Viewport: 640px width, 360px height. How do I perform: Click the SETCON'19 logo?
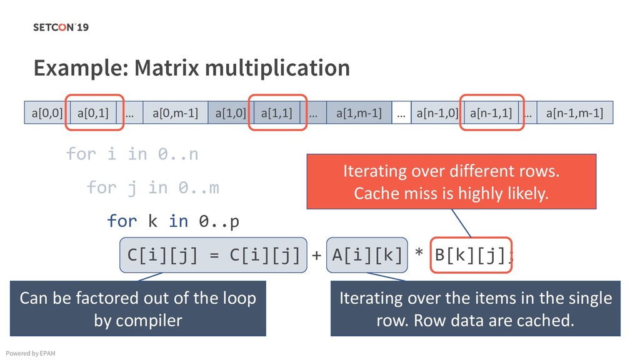61,27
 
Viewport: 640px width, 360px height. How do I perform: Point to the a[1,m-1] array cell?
359,113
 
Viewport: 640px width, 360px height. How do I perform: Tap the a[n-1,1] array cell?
491,113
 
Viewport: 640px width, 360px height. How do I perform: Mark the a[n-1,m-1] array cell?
574,113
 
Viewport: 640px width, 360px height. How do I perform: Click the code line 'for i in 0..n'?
132,154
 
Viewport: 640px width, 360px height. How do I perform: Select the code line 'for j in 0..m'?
152,187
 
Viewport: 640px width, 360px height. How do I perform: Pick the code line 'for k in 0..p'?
173,221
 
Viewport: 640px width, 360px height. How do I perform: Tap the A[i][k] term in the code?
366,255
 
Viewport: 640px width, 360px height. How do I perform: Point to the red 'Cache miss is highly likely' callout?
451,182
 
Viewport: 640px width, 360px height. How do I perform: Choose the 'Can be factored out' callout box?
138,309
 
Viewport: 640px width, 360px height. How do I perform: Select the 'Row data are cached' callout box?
475,309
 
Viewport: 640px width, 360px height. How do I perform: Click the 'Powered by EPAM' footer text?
30,354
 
